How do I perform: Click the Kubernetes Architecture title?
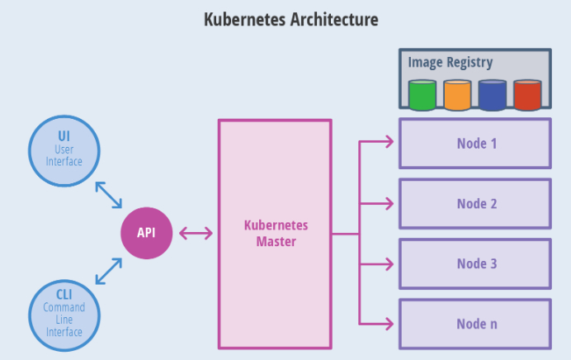pyautogui.click(x=290, y=19)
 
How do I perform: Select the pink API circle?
pyautogui.click(x=147, y=233)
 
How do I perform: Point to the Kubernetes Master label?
pyautogui.click(x=276, y=233)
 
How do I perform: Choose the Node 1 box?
pyautogui.click(x=475, y=144)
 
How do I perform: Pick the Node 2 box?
pyautogui.click(x=475, y=203)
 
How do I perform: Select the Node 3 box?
pyautogui.click(x=475, y=264)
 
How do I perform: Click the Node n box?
pyautogui.click(x=475, y=324)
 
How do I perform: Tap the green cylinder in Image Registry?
pyautogui.click(x=422, y=95)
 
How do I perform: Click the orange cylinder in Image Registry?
pyautogui.click(x=456, y=95)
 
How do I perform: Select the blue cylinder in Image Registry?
pyautogui.click(x=492, y=95)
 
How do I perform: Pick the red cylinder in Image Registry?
pyautogui.click(x=527, y=95)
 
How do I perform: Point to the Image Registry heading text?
pyautogui.click(x=451, y=63)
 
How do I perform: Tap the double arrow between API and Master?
pyautogui.click(x=196, y=233)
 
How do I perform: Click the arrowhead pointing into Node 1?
pyautogui.click(x=389, y=144)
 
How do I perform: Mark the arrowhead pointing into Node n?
pyautogui.click(x=389, y=324)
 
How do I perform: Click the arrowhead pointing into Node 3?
pyautogui.click(x=389, y=264)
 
